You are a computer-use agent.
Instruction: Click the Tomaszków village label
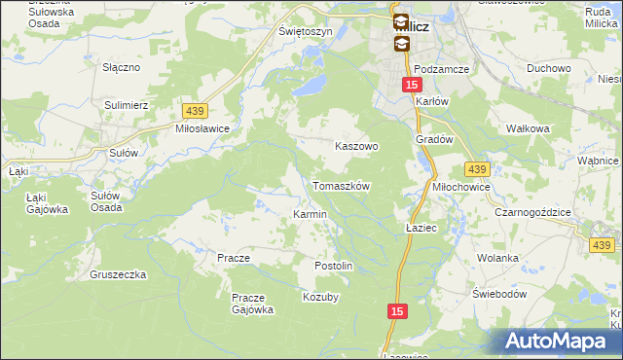pos(341,185)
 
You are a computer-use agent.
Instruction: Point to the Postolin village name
pos(332,266)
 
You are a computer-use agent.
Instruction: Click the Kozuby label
pos(320,297)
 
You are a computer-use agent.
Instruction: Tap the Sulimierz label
pos(126,102)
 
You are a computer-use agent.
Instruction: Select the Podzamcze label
pos(441,69)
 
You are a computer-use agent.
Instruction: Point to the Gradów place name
pos(435,139)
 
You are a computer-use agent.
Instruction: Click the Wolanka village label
pos(496,258)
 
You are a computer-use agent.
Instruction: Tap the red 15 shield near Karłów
pos(411,86)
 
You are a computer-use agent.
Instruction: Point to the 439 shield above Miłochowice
pos(476,168)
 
